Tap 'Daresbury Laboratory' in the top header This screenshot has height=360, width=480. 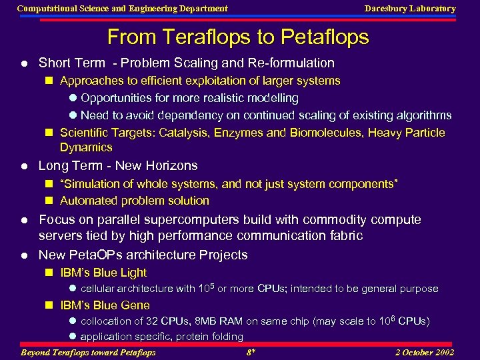pyautogui.click(x=409, y=9)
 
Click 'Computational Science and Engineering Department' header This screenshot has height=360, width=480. pyautogui.click(x=122, y=9)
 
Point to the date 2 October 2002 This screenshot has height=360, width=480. pyautogui.click(x=424, y=352)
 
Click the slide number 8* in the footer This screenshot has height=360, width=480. pyautogui.click(x=251, y=352)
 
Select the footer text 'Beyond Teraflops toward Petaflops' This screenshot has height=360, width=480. pyautogui.click(x=88, y=352)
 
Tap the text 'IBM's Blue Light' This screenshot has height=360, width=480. pyautogui.click(x=103, y=273)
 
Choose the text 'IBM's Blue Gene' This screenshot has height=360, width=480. pyautogui.click(x=105, y=305)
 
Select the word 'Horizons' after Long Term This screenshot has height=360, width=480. pyautogui.click(x=173, y=165)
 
